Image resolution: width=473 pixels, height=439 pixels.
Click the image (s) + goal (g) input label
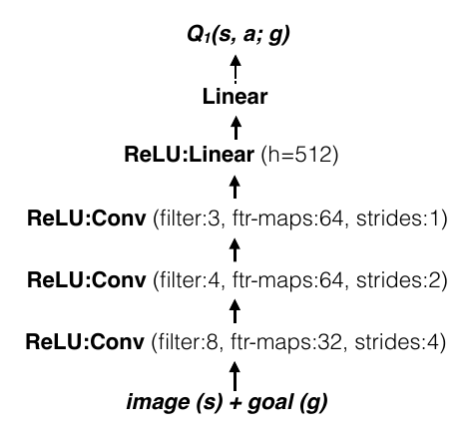click(236, 403)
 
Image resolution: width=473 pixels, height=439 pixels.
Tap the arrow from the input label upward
click(236, 376)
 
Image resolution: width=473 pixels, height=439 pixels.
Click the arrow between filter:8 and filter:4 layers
click(236, 310)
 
